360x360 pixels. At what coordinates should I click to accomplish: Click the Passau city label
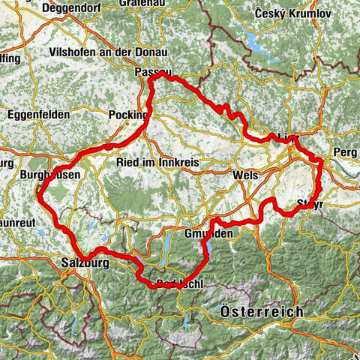[x=154, y=72]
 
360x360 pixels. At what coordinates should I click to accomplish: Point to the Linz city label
[x=286, y=138]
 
